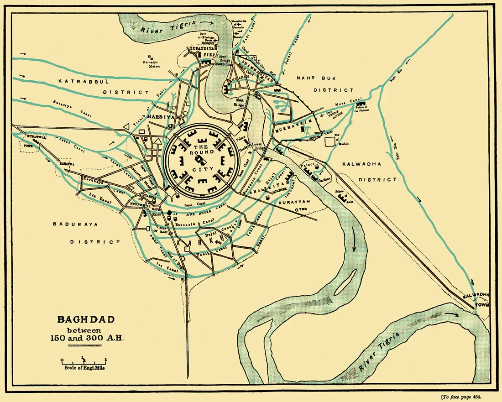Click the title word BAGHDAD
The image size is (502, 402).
(85, 319)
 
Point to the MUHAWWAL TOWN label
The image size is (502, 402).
(37, 140)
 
